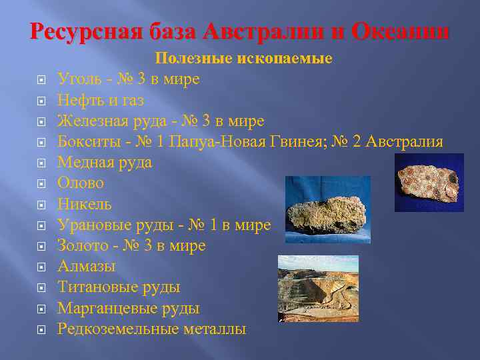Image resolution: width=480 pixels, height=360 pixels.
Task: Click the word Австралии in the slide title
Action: pyautogui.click(x=266, y=31)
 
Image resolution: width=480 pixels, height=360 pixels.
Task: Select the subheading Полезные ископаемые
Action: pyautogui.click(x=244, y=59)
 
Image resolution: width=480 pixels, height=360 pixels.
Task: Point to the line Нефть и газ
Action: pyautogui.click(x=100, y=100)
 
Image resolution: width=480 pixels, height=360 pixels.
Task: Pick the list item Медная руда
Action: pyautogui.click(x=104, y=162)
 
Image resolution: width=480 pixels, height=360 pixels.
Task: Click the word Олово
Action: pyautogui.click(x=80, y=183)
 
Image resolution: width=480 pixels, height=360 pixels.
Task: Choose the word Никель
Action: pyautogui.click(x=84, y=204)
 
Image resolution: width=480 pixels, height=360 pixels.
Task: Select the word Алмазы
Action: pyautogui.click(x=86, y=266)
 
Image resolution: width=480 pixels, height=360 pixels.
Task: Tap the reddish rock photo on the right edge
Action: pyautogui.click(x=429, y=182)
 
